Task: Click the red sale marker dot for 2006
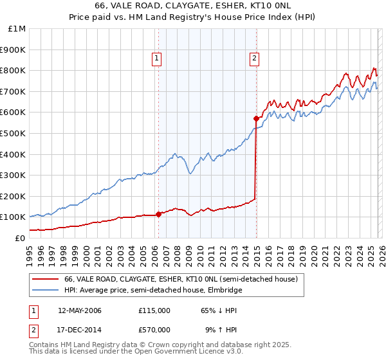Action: pyautogui.click(x=158, y=214)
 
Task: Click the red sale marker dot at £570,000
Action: pyautogui.click(x=256, y=118)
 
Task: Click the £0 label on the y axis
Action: pyautogui.click(x=19, y=238)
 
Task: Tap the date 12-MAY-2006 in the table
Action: pyautogui.click(x=79, y=310)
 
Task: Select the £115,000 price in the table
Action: pyautogui.click(x=154, y=310)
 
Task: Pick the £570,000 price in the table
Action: pyautogui.click(x=154, y=329)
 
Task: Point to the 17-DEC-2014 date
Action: pyautogui.click(x=79, y=329)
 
